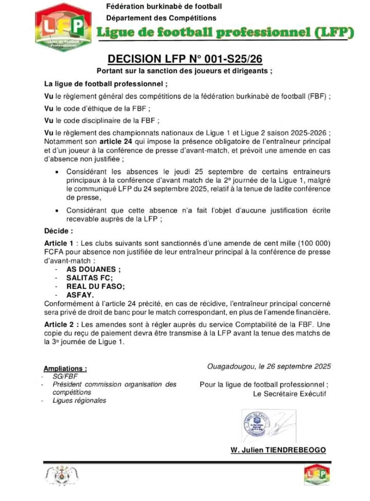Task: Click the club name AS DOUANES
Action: click(x=94, y=268)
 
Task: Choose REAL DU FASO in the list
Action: click(x=96, y=286)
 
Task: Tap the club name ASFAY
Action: click(x=80, y=295)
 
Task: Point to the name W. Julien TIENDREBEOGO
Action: click(x=277, y=450)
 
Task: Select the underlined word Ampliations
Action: click(x=65, y=368)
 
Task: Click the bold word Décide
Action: click(x=58, y=231)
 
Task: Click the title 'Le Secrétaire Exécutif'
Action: click(x=289, y=394)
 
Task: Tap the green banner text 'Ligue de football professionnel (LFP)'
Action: click(x=226, y=33)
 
